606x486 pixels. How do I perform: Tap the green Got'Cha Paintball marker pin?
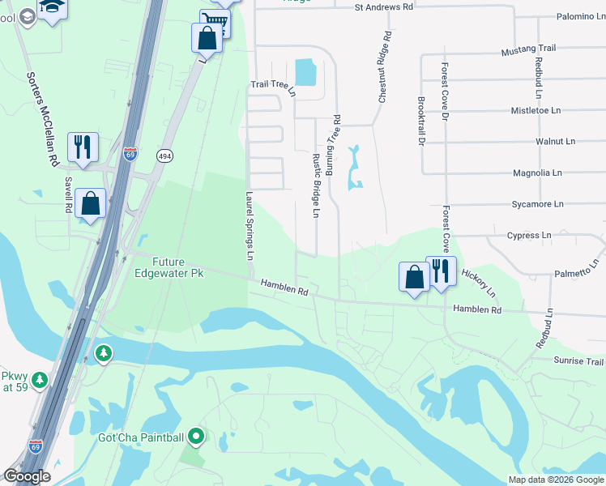(195, 437)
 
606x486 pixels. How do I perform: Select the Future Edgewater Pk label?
(169, 268)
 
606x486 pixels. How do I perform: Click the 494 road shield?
(164, 156)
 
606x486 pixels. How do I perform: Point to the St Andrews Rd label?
(384, 7)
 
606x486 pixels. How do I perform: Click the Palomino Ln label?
(581, 17)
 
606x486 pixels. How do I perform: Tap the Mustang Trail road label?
(530, 49)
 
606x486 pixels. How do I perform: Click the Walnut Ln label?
(556, 142)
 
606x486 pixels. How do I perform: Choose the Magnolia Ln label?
(537, 173)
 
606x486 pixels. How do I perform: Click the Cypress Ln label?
(528, 237)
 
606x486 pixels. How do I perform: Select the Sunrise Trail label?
(579, 361)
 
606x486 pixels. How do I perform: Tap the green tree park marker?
(103, 352)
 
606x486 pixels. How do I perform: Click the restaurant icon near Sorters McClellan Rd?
(83, 147)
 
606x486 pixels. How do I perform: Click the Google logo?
(27, 477)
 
